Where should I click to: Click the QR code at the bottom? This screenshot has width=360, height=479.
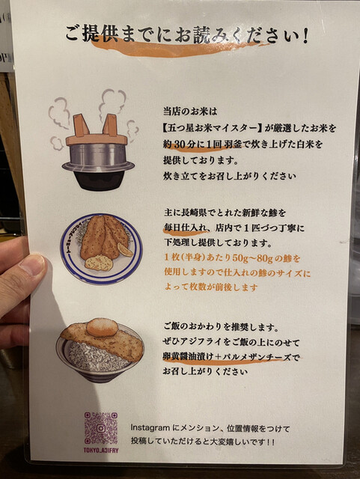101,428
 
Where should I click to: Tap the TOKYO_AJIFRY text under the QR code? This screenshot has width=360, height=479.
101,451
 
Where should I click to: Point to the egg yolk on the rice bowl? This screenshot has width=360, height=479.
102,327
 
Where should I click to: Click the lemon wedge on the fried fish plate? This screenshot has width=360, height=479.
125,249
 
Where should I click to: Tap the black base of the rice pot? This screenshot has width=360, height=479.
98,180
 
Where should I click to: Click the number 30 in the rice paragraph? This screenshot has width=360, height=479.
180,144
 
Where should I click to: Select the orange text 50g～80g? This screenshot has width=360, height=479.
251,257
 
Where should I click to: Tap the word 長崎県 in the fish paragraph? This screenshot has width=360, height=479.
186,213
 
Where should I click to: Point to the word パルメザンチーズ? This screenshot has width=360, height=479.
257,357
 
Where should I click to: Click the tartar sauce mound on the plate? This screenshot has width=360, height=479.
98,262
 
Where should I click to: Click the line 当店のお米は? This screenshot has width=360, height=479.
190,112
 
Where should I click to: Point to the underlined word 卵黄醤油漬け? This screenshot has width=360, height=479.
188,357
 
